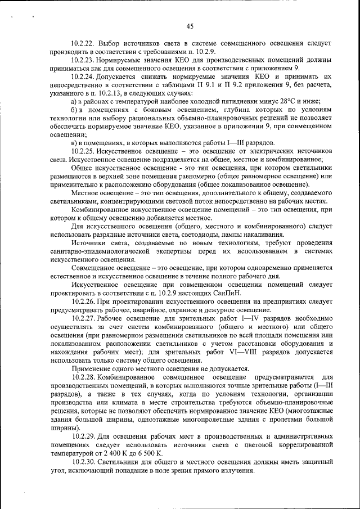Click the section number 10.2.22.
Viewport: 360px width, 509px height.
(x=83, y=43)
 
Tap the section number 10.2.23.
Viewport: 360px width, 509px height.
(x=83, y=59)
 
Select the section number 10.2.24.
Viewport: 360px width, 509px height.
(x=83, y=75)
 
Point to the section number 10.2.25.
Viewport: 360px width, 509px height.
(x=83, y=152)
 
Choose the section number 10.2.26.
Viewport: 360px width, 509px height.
(x=83, y=301)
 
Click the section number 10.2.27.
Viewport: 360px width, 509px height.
(x=83, y=318)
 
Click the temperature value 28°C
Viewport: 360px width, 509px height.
(x=260, y=101)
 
